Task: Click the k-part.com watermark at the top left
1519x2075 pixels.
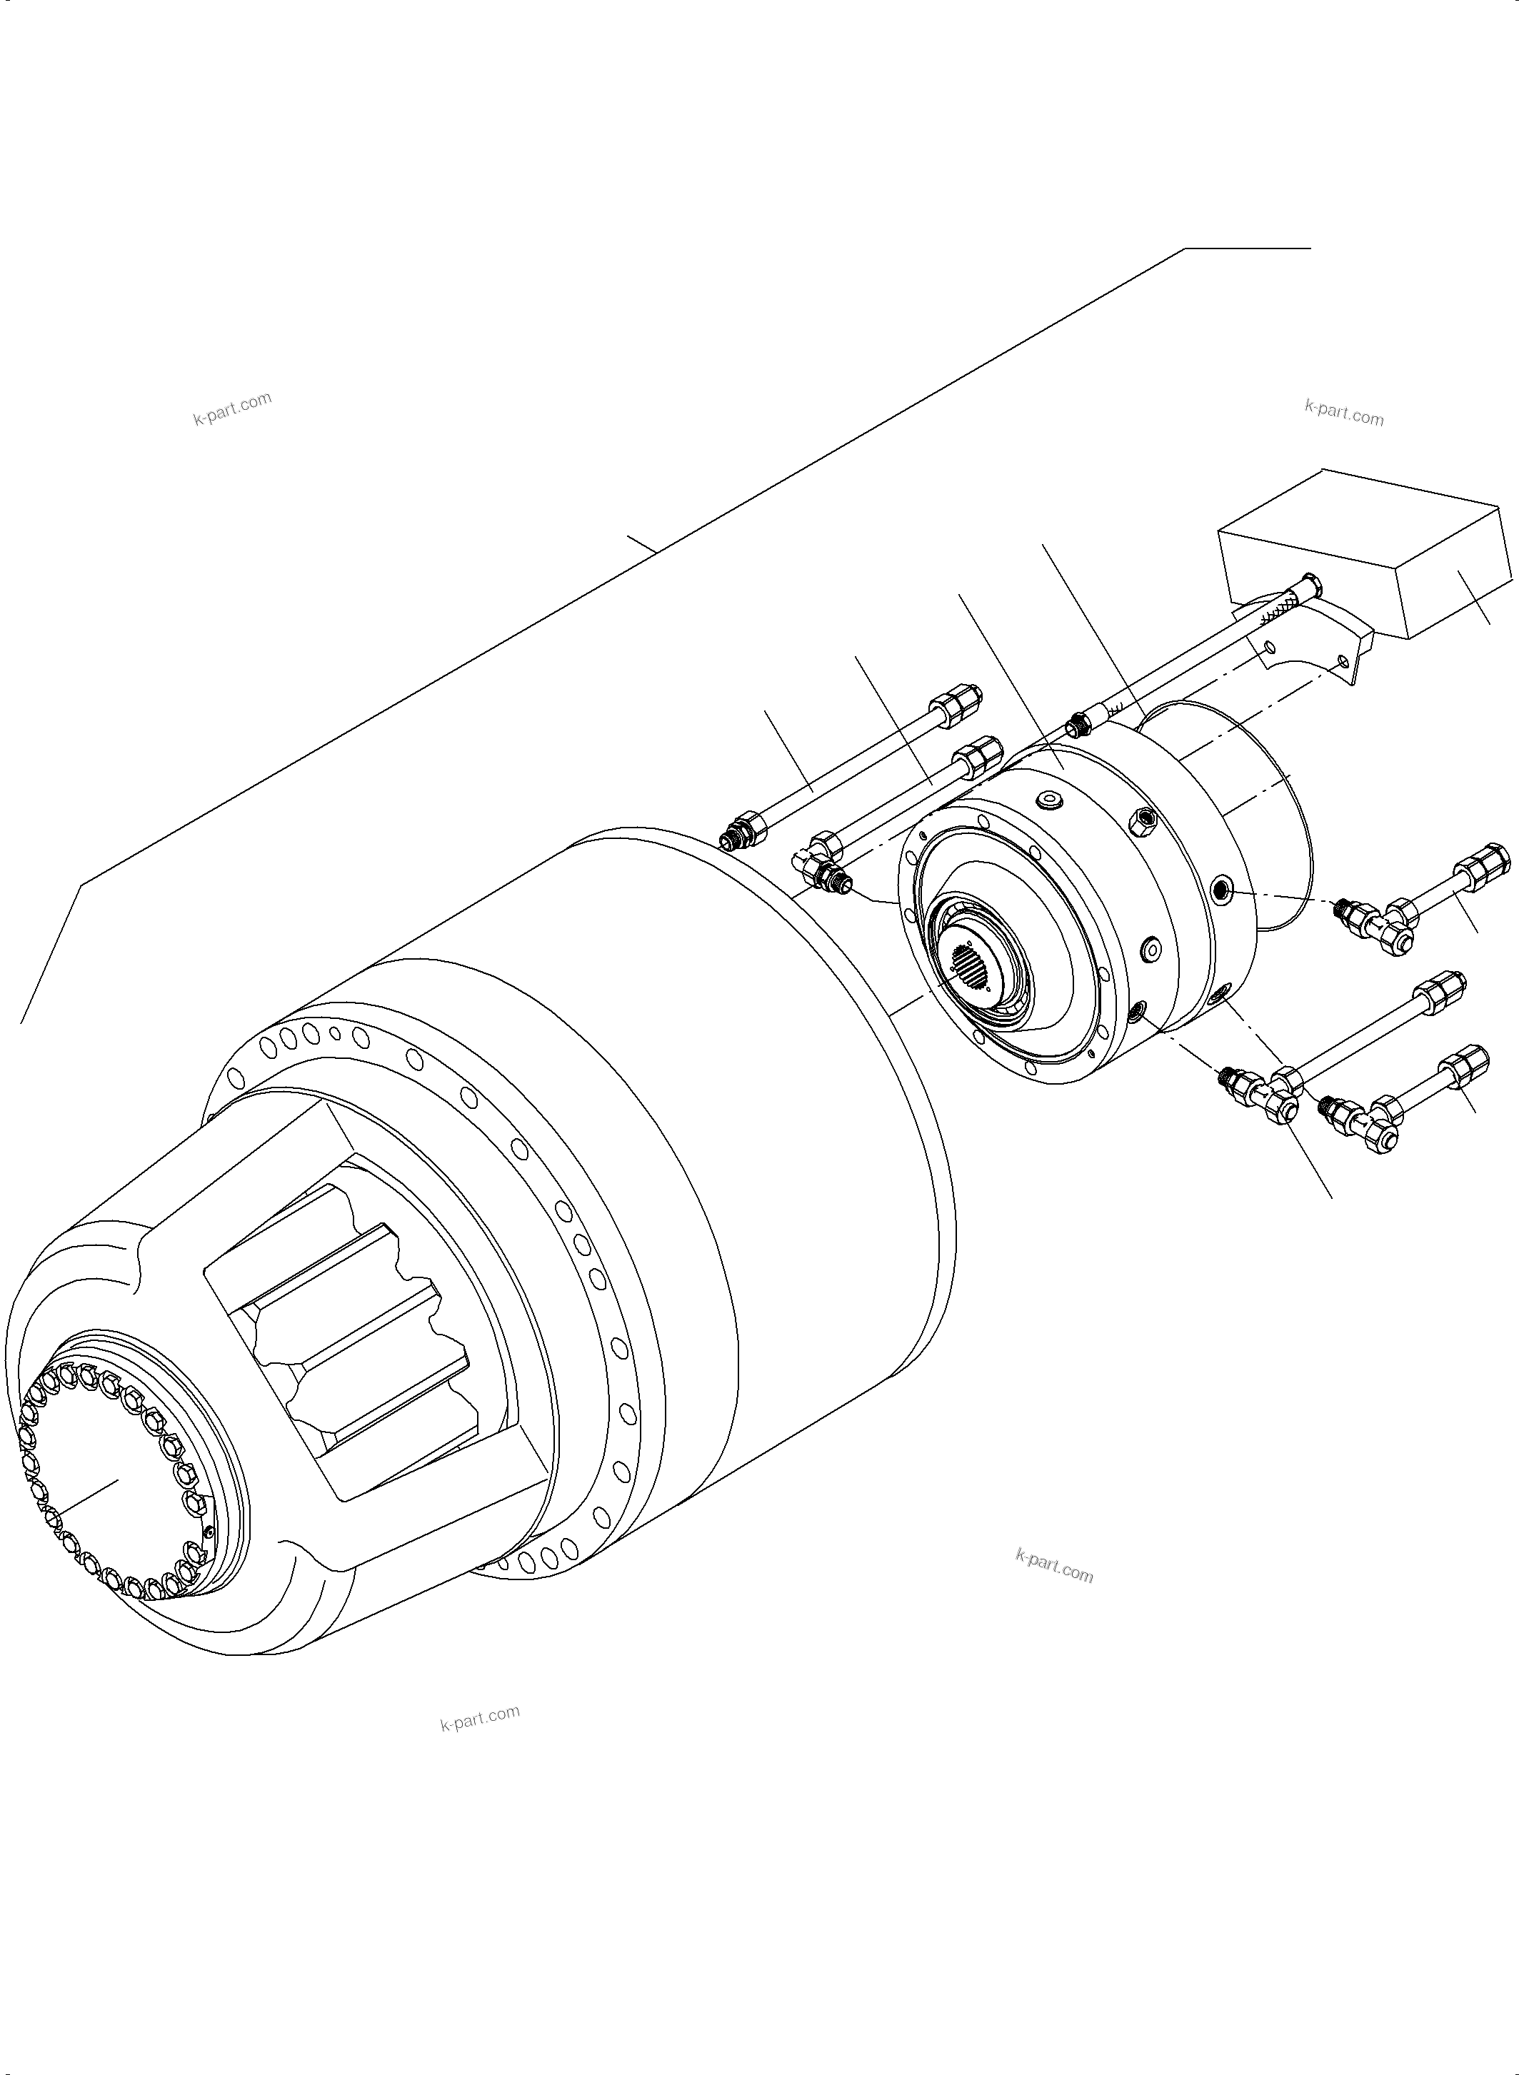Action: point(231,408)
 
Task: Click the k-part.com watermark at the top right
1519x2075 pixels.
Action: point(1343,413)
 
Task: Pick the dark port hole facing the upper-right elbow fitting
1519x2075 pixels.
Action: point(1220,888)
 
